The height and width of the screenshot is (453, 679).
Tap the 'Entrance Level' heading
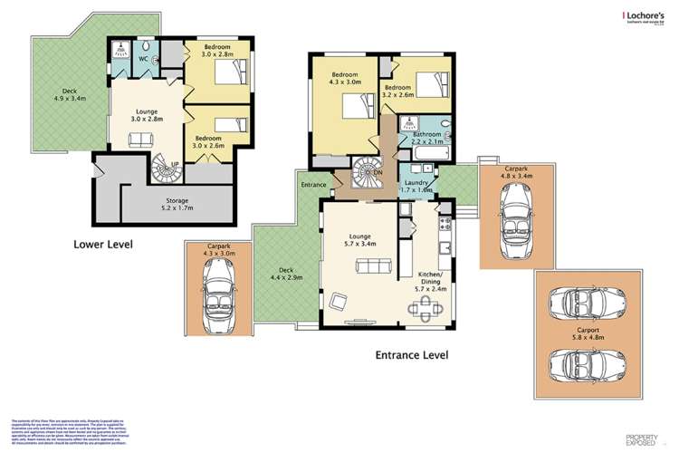(x=412, y=355)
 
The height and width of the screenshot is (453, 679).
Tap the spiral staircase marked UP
(x=166, y=169)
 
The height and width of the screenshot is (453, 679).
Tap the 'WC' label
(x=143, y=58)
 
